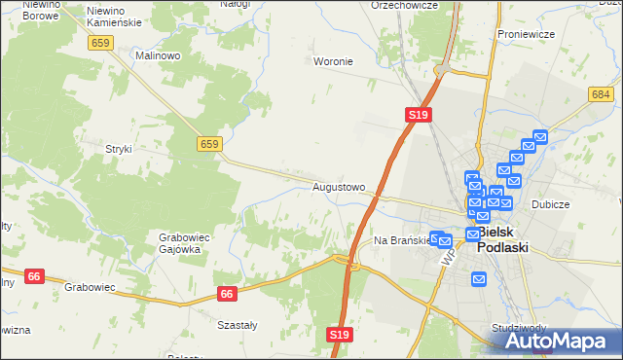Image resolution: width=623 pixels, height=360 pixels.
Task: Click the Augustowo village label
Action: [339, 186]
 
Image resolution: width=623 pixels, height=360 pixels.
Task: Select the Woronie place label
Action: [332, 61]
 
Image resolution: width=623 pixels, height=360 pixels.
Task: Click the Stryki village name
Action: [118, 149]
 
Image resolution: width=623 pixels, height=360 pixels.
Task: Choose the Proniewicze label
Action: [526, 34]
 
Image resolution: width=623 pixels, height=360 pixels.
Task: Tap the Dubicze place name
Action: [550, 205]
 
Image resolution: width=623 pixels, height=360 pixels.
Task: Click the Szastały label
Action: [237, 325]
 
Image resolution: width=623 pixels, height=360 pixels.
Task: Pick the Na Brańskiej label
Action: [401, 239]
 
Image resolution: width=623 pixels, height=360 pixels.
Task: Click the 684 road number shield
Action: [601, 93]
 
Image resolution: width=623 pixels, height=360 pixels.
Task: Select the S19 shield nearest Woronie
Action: [418, 115]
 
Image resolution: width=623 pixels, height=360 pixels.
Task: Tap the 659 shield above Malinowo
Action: [100, 43]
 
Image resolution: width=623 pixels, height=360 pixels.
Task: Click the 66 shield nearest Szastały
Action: [228, 293]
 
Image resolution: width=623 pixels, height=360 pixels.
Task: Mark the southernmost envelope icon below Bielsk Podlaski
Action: [479, 279]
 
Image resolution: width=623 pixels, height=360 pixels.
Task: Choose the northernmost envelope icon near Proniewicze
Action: [541, 138]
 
